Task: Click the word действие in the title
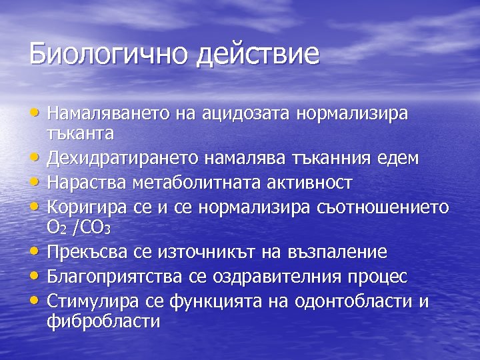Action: (x=258, y=54)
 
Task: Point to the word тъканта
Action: (x=81, y=133)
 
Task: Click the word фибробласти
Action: (x=103, y=321)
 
